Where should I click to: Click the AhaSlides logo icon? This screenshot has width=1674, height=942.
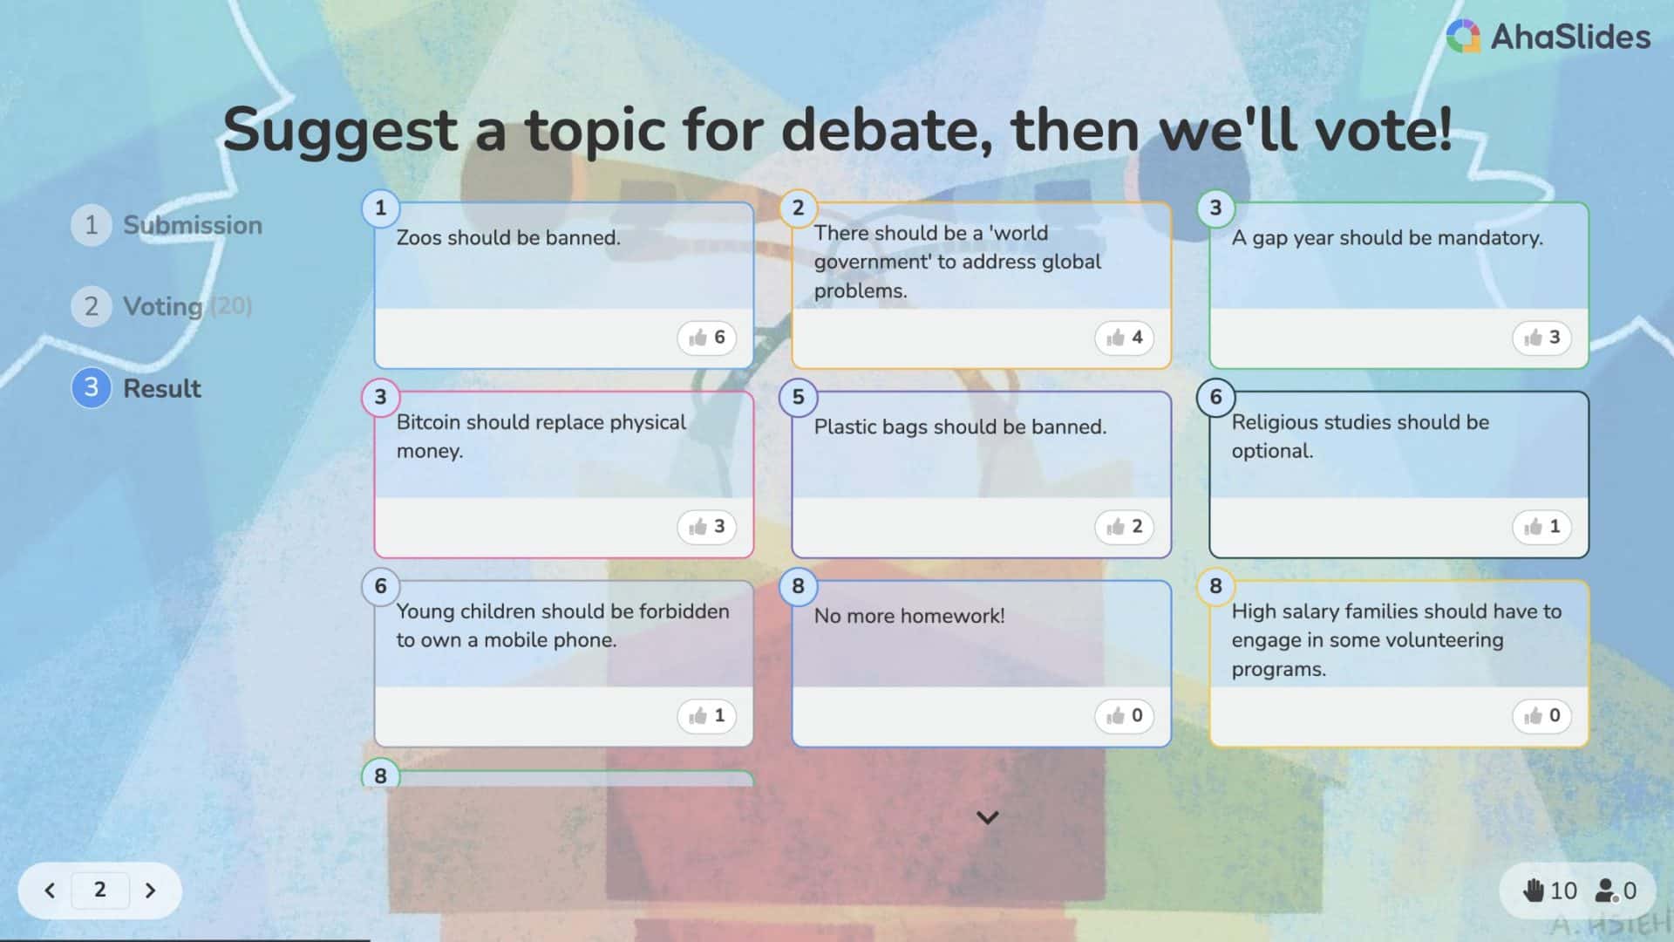point(1463,36)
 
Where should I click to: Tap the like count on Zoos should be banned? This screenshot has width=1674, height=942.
point(706,338)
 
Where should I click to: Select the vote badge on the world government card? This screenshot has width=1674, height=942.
point(1124,338)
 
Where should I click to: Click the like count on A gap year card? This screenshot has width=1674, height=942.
point(1541,338)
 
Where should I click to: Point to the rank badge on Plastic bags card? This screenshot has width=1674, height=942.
point(798,397)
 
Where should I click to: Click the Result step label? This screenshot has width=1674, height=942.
point(162,388)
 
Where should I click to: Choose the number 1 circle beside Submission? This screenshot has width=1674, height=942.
point(91,225)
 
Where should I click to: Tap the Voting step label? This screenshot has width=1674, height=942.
point(163,306)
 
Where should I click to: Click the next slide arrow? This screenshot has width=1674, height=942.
point(150,891)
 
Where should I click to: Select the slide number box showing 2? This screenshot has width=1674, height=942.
point(100,890)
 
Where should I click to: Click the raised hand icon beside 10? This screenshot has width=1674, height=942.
point(1534,891)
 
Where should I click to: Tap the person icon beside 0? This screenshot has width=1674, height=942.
point(1605,891)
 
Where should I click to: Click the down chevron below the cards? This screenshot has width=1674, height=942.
point(987,817)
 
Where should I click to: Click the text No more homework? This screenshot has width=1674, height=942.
point(909,616)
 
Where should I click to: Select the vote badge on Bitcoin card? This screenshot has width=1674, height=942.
point(706,527)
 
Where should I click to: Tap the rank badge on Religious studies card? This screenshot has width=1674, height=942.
point(1215,397)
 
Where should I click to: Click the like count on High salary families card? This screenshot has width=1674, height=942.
point(1541,716)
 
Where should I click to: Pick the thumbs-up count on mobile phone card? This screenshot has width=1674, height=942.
point(706,716)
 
